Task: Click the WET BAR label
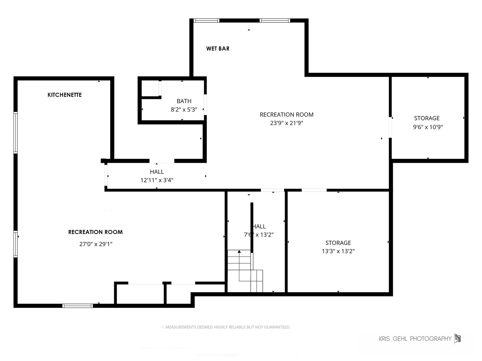[x=218, y=48]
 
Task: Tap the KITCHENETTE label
[x=65, y=95]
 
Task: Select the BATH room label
[x=184, y=101]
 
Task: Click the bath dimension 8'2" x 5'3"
[x=184, y=110]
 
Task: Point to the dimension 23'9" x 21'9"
[x=287, y=123]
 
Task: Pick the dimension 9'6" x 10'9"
[x=428, y=127]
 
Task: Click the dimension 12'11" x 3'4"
[x=157, y=180]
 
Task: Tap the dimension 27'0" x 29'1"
[x=96, y=244]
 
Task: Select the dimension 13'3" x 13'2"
[x=338, y=251]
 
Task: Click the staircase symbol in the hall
[x=245, y=271]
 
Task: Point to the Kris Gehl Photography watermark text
[x=415, y=339]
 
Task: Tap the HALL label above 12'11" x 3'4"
[x=157, y=172]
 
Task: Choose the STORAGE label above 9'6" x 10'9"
[x=427, y=118]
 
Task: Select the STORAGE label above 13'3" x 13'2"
[x=338, y=243]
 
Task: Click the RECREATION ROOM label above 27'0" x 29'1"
[x=95, y=232]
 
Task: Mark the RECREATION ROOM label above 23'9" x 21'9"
[x=287, y=115]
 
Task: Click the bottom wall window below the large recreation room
[x=78, y=306]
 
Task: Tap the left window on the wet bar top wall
[x=207, y=20]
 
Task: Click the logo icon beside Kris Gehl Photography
[x=458, y=338]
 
